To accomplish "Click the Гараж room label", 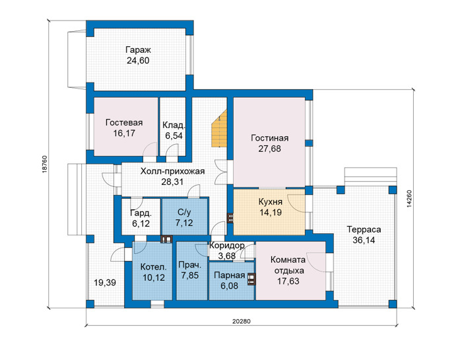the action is coord(138,50).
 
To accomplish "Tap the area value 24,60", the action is coord(138,61).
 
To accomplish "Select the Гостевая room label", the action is coord(124,122).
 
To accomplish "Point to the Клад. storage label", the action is coord(174,126).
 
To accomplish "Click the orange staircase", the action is coord(220,129).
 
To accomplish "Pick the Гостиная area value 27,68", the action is coord(269,149).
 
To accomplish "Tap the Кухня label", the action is coord(271,202).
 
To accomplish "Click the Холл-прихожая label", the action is coord(172,171).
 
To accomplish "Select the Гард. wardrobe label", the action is coord(141,213).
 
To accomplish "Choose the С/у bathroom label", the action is coord(184,212).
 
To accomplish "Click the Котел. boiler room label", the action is coord(154,267).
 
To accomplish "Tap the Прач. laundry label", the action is coord(190,265).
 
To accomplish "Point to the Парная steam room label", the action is coord(230,275).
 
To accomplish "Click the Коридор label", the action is coord(227,245).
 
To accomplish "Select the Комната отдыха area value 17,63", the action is coord(288,281).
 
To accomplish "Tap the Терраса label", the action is coord(364,229).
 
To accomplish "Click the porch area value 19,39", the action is coord(105,283).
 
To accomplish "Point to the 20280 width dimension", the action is coord(242,322).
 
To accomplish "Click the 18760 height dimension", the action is coord(44,164).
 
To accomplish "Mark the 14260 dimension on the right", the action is coord(409,199).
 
